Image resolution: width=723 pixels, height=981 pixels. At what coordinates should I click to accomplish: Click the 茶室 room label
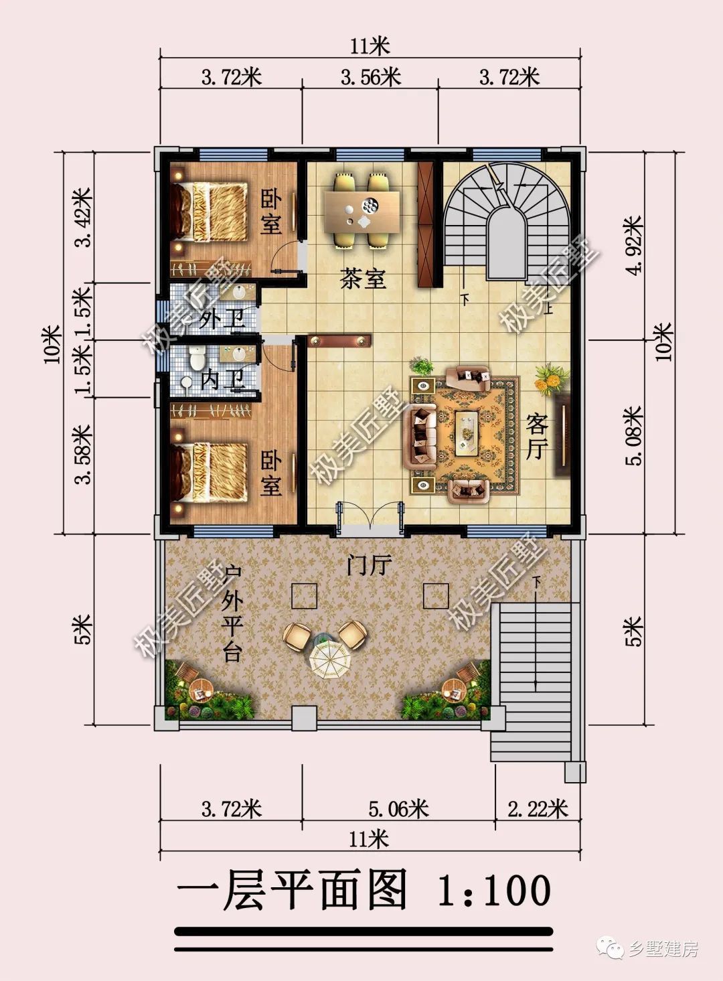(363, 279)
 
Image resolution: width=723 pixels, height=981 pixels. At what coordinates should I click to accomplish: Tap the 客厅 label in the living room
(537, 437)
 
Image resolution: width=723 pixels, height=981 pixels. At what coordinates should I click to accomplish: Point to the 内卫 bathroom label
(222, 380)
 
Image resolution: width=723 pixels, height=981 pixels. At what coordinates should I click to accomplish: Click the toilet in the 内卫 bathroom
(197, 358)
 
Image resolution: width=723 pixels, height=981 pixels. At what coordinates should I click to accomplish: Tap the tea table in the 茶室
(362, 213)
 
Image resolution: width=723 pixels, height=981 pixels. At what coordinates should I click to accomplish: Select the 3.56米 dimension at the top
(371, 78)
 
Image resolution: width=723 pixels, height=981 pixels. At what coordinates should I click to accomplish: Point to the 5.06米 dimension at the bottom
(398, 808)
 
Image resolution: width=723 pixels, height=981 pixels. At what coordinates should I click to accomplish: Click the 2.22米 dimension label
(538, 808)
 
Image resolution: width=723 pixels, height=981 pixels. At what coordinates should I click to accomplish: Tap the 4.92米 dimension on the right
(635, 245)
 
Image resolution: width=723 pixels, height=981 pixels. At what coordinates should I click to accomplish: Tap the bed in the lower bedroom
(209, 471)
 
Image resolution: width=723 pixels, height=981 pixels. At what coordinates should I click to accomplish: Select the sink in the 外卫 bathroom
(239, 292)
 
